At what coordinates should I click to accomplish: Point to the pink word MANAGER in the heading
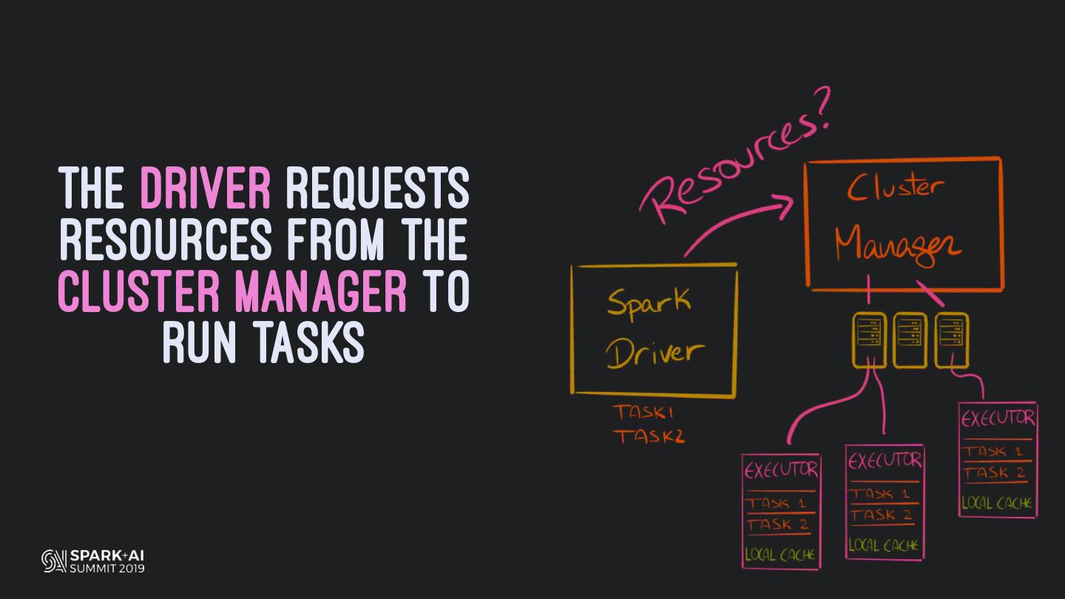321,291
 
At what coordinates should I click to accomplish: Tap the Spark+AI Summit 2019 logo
93,561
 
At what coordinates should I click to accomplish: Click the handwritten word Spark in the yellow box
649,302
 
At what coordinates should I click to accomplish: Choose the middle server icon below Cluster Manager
910,339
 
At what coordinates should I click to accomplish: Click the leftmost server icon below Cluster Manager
869,339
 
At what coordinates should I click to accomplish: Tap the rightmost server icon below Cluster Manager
951,339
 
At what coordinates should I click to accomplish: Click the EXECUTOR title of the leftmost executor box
781,470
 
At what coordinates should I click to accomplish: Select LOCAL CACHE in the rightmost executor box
997,504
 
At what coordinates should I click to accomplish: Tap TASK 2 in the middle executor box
881,515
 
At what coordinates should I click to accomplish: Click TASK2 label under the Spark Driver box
648,436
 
